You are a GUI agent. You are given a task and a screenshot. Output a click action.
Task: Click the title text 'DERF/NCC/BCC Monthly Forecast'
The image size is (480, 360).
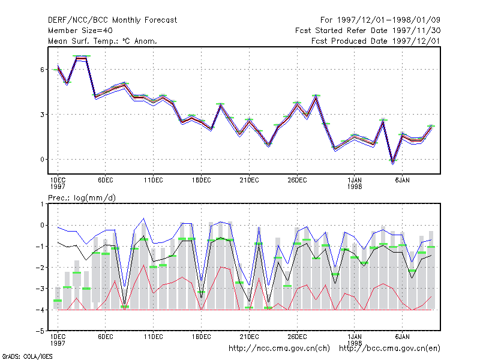pos(112,20)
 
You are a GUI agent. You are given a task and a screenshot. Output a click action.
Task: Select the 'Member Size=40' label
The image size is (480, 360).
pos(80,31)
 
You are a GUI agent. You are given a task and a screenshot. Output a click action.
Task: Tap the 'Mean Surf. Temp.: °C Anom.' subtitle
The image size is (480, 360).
pos(103,41)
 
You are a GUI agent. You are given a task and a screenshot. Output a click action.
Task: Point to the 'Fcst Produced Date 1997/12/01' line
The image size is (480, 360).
pos(376,41)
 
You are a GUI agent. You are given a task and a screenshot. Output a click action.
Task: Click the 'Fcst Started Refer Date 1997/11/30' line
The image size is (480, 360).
pos(368,31)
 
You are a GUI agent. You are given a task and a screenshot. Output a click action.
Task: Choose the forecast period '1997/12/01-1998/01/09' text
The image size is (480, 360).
pos(389,20)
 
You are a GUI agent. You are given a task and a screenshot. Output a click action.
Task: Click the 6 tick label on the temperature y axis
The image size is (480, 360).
pos(42,70)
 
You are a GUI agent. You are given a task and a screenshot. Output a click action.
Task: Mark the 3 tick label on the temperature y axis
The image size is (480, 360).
pos(42,115)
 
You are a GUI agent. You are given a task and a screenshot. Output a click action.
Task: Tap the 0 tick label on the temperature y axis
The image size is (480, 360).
pos(42,160)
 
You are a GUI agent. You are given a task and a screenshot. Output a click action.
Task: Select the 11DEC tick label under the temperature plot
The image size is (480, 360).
pos(154,181)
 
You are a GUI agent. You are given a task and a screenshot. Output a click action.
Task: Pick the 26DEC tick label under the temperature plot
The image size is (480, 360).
pos(297,181)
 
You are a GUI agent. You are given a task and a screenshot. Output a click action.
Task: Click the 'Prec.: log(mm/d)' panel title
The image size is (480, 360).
pos(82,198)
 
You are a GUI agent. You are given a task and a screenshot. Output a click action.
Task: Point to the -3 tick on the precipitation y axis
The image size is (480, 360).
pos(40,289)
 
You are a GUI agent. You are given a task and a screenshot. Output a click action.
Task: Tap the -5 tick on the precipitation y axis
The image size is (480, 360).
pos(40,331)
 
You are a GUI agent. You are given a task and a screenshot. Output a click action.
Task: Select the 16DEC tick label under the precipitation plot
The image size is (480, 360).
pos(202,337)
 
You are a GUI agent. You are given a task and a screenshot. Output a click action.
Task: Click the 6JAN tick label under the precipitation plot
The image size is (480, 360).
pos(402,337)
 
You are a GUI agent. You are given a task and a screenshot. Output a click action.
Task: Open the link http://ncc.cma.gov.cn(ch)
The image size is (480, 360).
pos(279,349)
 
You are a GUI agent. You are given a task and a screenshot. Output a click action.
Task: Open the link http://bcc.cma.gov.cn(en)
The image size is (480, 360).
pos(389,349)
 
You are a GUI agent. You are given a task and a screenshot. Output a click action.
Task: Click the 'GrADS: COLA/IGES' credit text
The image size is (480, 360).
pos(28,356)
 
